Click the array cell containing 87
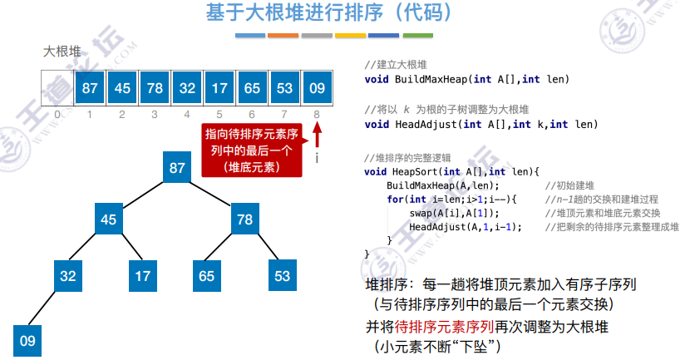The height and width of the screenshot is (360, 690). tap(90, 87)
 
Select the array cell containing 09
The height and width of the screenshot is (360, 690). tap(317, 87)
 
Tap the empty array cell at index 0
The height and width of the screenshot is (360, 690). tap(57, 87)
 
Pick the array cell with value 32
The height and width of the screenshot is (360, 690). tap(187, 87)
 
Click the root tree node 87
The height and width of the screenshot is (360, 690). tap(177, 168)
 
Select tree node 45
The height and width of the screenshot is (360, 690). tap(108, 220)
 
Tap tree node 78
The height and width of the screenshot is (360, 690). tap(245, 220)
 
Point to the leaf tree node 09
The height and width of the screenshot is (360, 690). tap(28, 340)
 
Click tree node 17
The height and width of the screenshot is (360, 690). tap(144, 275)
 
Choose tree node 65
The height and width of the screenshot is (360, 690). tap(208, 275)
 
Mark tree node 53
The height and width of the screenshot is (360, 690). tap(283, 275)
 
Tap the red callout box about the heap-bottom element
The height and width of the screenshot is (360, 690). tap(251, 150)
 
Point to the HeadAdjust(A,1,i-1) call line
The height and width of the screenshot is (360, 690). tap(466, 227)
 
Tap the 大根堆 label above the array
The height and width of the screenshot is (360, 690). tap(62, 52)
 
